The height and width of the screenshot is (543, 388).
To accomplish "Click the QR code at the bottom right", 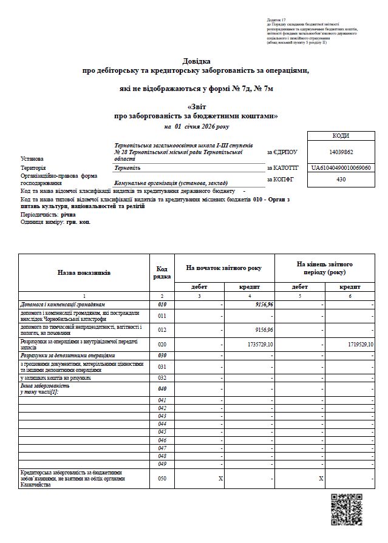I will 346,510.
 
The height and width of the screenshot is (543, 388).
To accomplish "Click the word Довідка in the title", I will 196,61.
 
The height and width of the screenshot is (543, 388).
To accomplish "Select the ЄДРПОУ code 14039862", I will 341,152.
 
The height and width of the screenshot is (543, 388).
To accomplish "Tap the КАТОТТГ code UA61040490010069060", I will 341,167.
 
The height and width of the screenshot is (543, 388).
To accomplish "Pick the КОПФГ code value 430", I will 341,179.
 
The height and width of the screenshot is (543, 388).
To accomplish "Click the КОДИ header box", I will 341,136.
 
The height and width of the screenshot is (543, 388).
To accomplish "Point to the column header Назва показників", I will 84,273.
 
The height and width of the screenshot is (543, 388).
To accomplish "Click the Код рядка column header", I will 162,273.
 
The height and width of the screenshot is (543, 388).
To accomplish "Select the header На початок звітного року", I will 224,268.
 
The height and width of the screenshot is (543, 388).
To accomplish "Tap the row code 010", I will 162,303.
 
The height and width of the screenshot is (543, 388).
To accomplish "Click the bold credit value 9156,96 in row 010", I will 264,303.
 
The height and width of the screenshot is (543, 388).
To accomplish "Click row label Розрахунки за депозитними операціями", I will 68,355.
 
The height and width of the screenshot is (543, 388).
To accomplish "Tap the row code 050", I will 162,479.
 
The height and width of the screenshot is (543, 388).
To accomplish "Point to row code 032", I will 162,377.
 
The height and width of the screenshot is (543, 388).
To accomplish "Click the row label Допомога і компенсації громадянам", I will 63,303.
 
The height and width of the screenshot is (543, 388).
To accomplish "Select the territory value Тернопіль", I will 128,167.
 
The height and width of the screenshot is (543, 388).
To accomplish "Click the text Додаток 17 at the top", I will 276,21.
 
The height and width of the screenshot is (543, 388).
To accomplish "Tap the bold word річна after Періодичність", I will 69,215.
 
